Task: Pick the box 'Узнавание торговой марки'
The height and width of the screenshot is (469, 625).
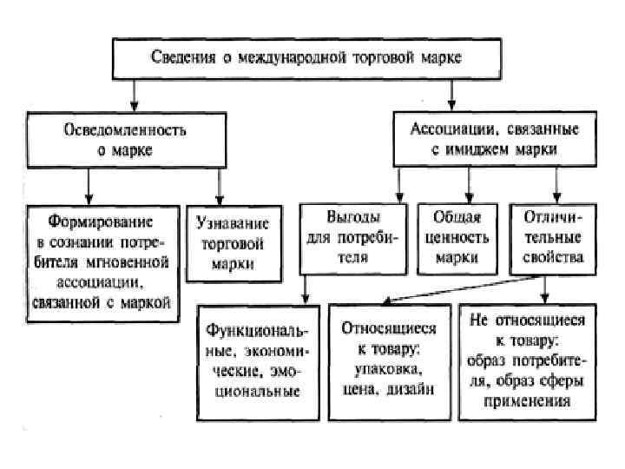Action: coord(233,243)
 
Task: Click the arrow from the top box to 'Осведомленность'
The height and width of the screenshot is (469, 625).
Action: coord(132,100)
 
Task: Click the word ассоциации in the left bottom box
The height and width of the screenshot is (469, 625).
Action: coord(101,283)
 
